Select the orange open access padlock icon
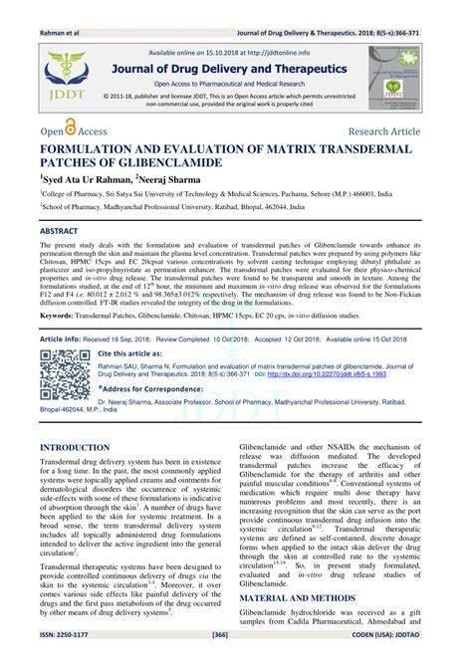(x=71, y=127)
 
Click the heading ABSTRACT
(x=59, y=230)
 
